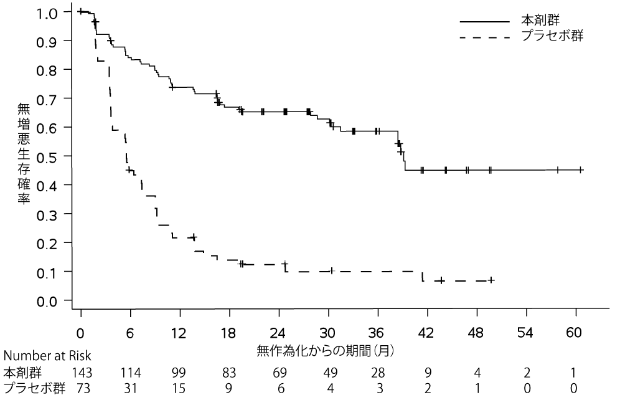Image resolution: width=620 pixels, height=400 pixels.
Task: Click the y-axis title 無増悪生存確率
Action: [x=23, y=156]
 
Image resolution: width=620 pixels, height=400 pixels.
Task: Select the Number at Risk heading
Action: [x=47, y=356]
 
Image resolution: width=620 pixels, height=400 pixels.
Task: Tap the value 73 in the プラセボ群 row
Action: [x=81, y=388]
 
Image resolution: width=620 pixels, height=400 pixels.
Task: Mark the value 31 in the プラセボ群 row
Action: [x=130, y=388]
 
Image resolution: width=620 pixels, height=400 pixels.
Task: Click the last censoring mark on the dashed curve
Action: [x=492, y=280]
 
